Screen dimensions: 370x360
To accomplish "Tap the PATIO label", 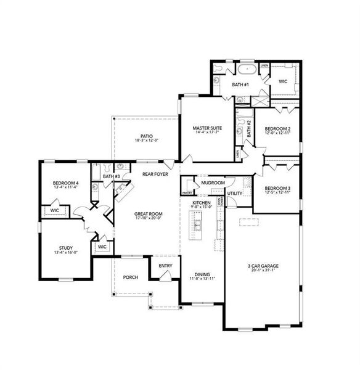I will [146, 136].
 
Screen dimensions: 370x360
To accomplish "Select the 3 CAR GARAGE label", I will [263, 266].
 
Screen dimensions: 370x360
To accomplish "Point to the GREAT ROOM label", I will [148, 213].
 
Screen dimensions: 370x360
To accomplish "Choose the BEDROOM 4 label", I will [65, 183].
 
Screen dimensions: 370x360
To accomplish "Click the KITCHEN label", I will [202, 203].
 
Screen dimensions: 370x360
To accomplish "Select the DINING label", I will [202, 274].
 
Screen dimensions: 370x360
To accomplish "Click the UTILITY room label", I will [235, 194].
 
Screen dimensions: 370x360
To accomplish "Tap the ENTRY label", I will [165, 266].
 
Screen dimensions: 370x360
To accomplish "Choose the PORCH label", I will [130, 277].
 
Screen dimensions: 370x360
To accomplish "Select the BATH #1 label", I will [240, 84].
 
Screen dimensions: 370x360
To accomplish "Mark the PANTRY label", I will [188, 192].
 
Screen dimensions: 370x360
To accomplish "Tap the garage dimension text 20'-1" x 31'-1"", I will [263, 271].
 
